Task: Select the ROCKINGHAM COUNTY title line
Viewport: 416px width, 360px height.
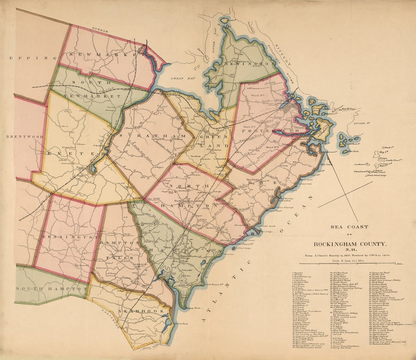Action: pos(351,244)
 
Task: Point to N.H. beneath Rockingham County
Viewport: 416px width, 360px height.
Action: pos(351,250)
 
